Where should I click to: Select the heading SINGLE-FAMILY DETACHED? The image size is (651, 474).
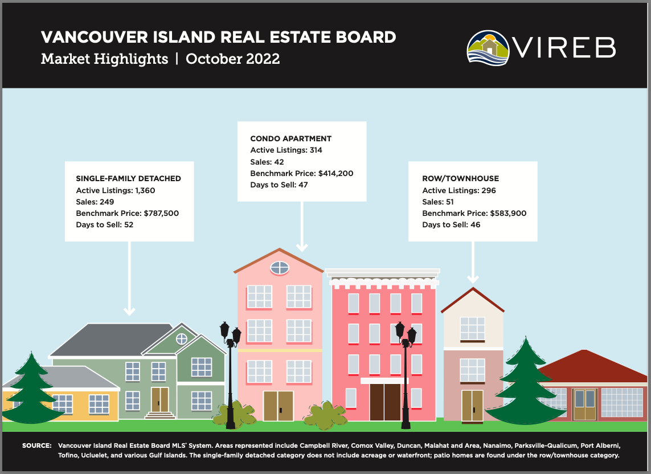click(128, 178)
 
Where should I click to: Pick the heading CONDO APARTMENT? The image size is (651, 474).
click(290, 138)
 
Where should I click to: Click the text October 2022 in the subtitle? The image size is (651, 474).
click(232, 59)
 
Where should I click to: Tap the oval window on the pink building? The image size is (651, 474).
click(279, 267)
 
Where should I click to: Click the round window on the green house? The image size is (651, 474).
click(181, 339)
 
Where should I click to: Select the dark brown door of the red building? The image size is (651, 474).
click(384, 402)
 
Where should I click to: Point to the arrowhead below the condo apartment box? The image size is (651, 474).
click(302, 247)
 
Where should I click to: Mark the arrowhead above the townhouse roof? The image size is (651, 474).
click(472, 279)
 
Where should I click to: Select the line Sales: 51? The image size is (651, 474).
click(438, 202)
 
